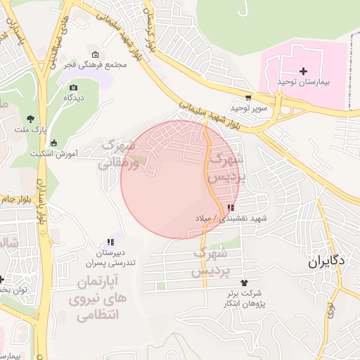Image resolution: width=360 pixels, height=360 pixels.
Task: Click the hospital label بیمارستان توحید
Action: coord(304,83)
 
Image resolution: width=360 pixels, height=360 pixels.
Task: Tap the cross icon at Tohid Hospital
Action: coord(304,72)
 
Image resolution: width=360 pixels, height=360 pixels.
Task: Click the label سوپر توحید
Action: coord(232,108)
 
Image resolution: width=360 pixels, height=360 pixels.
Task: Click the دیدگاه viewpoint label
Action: coord(74,98)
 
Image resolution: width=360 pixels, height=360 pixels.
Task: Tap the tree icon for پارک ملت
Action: coord(30,120)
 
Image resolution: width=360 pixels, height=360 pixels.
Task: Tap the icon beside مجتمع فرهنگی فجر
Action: coord(96,55)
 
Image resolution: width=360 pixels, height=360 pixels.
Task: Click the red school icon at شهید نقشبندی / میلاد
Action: coord(230,207)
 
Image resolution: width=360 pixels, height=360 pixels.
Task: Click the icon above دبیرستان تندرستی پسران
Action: coord(110,242)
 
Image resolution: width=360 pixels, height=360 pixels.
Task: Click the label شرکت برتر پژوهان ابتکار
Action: coord(244,298)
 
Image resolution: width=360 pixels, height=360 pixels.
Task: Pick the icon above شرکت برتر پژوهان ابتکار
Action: coord(244,282)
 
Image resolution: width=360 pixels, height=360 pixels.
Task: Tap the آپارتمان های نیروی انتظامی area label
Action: coord(97,298)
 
